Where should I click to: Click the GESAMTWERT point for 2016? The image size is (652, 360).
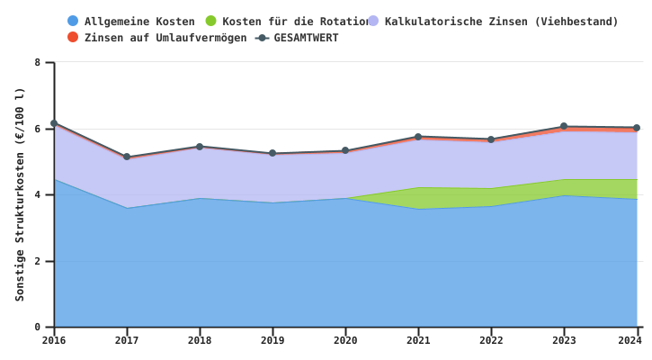click(x=54, y=123)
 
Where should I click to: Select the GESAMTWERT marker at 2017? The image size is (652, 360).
click(x=127, y=157)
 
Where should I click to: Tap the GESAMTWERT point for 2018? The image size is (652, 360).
click(x=200, y=147)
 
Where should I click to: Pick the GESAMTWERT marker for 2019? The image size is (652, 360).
click(x=272, y=153)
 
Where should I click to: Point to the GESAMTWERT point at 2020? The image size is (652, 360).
click(x=345, y=151)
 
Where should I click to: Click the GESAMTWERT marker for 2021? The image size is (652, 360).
click(x=418, y=137)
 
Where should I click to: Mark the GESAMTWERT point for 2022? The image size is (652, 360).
click(x=491, y=139)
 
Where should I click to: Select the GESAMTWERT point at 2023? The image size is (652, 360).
click(x=564, y=127)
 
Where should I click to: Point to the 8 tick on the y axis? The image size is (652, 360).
click(x=38, y=62)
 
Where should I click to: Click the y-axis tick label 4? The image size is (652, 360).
click(x=38, y=195)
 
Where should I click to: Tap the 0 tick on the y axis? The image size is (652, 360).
click(x=38, y=328)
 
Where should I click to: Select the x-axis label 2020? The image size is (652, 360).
click(x=345, y=340)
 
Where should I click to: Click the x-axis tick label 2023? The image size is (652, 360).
click(x=564, y=340)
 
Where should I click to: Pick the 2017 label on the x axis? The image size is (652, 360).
click(x=127, y=340)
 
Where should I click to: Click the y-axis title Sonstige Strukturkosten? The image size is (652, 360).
click(x=20, y=193)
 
